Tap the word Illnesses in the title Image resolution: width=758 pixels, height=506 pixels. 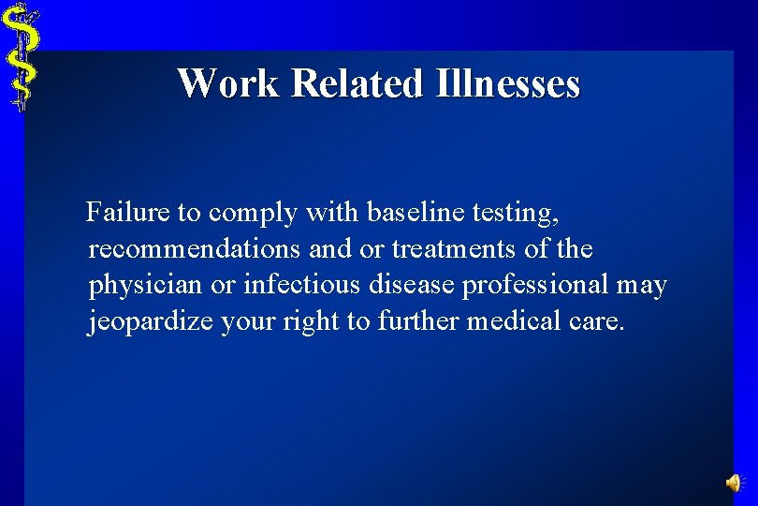click(x=507, y=82)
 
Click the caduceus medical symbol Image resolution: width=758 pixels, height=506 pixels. click(x=21, y=56)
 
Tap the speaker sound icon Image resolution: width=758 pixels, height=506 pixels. click(x=735, y=483)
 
